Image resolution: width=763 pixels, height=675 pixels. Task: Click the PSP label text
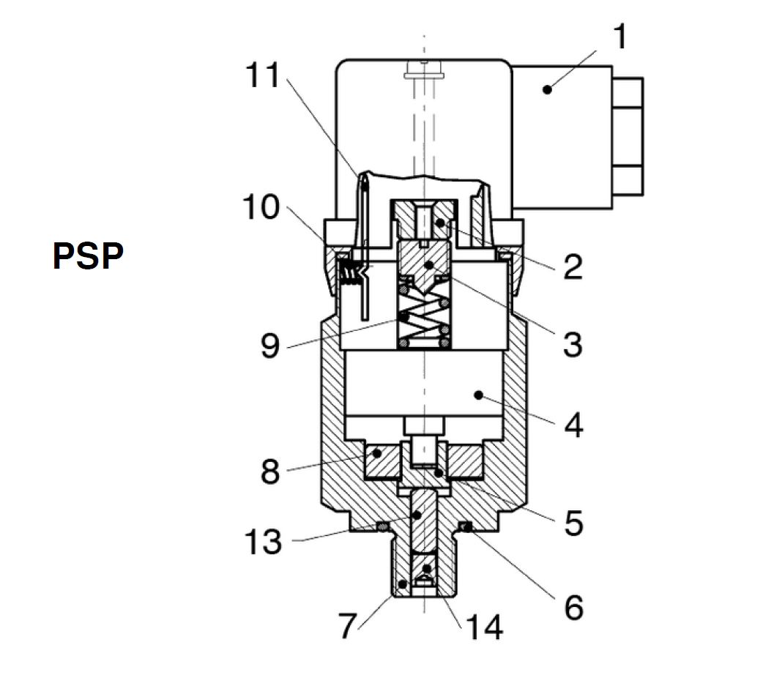88,256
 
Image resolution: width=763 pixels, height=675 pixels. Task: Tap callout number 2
573,266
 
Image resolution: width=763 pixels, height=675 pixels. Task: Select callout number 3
573,345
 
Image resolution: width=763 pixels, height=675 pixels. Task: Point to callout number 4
573,425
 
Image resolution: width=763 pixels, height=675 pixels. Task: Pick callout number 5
573,523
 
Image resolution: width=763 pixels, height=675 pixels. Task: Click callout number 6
573,608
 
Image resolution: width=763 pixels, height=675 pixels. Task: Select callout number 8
270,471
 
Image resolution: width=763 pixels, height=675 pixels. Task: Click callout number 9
270,346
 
